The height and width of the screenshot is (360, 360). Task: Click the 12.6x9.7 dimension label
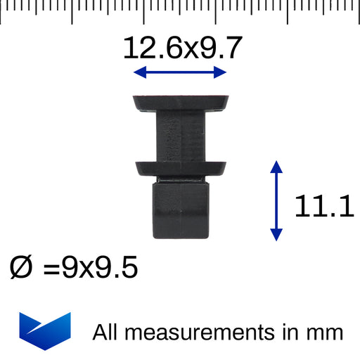click(x=183, y=48)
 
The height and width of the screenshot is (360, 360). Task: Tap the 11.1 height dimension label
click(x=324, y=206)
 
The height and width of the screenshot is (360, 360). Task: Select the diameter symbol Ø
click(x=20, y=267)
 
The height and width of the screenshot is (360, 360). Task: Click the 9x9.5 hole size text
click(x=100, y=267)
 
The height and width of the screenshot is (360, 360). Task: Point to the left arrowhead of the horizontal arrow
click(x=140, y=72)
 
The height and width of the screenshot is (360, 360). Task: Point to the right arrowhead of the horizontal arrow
click(x=220, y=72)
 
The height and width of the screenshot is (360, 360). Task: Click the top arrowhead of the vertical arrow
click(x=276, y=167)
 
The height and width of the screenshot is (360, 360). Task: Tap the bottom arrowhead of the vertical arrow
click(x=276, y=235)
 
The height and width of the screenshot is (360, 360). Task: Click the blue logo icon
click(x=45, y=331)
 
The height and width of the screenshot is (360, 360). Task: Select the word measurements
click(x=200, y=333)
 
